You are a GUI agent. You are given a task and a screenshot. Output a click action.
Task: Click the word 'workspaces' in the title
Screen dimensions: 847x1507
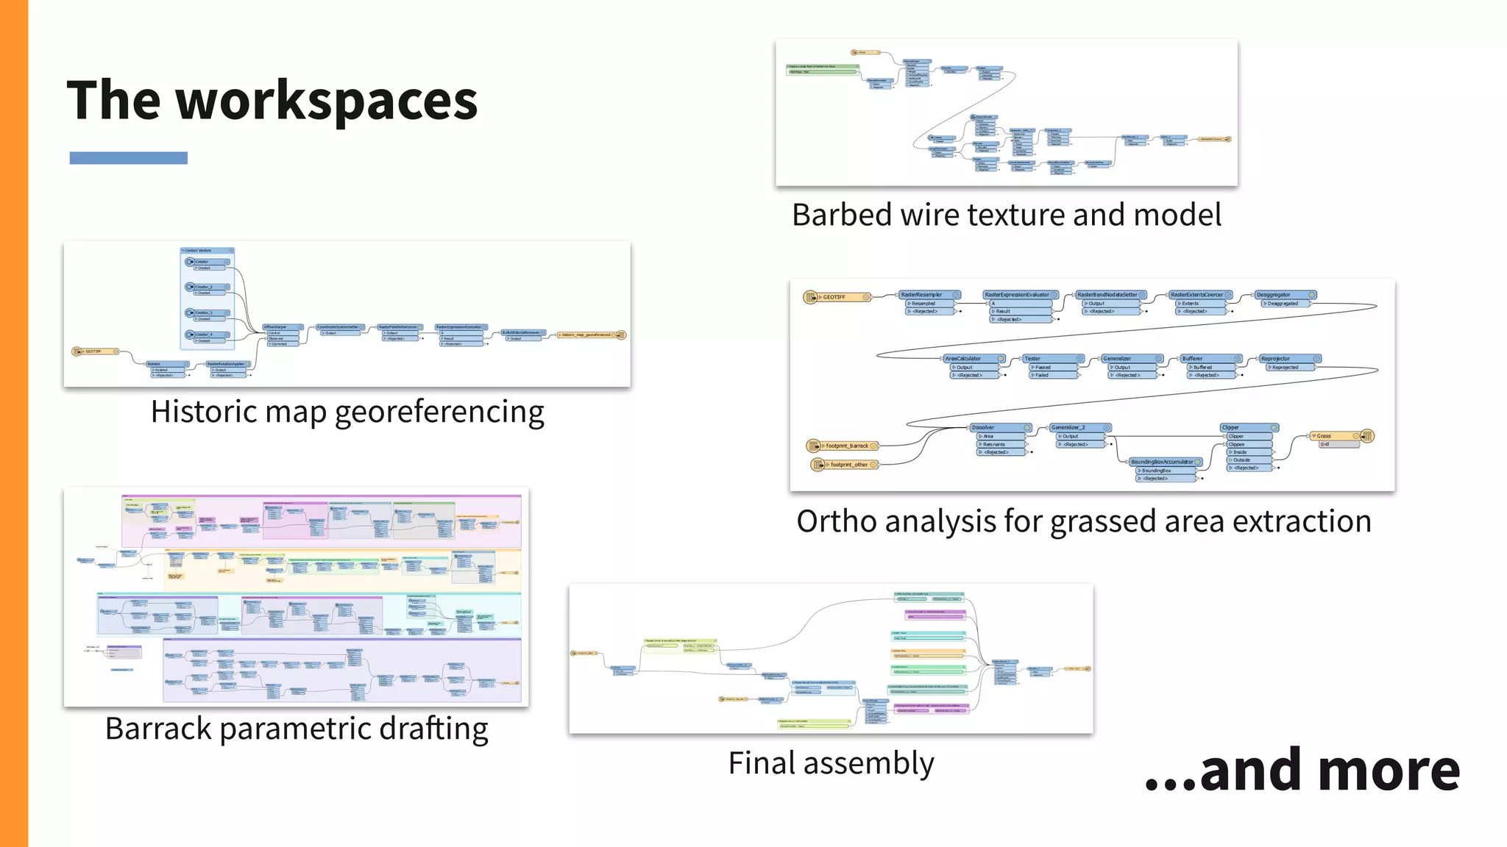327,101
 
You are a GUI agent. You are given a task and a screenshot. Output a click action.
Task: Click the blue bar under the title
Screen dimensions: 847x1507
128,158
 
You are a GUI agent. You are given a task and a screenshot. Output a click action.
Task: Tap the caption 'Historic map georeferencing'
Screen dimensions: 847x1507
347,412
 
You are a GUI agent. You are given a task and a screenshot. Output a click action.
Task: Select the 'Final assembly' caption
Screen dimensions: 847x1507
831,763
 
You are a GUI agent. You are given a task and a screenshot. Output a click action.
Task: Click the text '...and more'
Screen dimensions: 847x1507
1302,771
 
